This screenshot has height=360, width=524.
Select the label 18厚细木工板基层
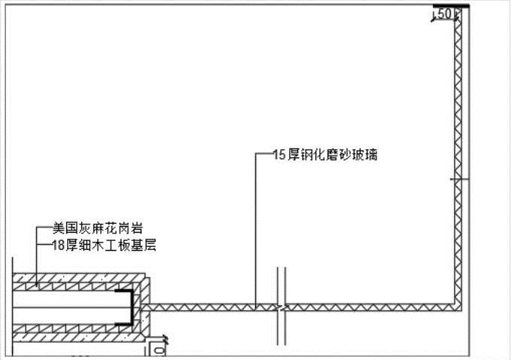coord(104,245)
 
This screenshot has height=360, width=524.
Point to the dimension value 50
coord(444,14)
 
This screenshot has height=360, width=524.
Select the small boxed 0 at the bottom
coord(158,349)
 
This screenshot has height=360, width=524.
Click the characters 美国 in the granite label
coord(62,227)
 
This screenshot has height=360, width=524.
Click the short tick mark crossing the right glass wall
coord(458,178)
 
